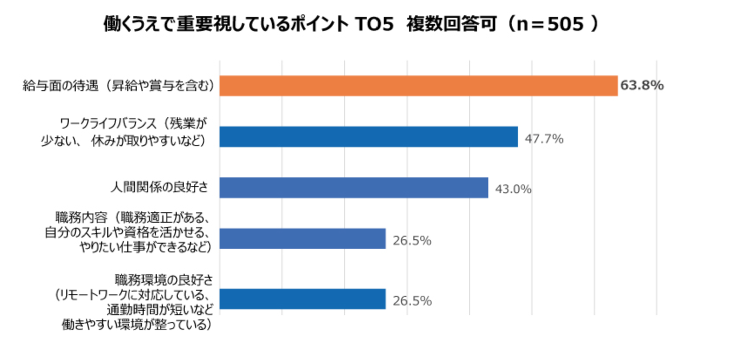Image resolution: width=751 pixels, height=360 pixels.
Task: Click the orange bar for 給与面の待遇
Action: click(418, 86)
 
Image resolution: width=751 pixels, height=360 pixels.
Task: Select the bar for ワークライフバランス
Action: click(369, 137)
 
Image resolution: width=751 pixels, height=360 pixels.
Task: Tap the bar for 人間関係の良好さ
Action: click(354, 188)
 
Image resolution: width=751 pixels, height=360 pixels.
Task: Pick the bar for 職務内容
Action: click(302, 239)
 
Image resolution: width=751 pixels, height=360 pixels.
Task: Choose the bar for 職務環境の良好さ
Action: click(302, 299)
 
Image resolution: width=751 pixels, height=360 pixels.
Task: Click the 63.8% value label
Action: click(642, 85)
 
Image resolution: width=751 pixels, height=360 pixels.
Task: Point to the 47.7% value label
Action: click(544, 139)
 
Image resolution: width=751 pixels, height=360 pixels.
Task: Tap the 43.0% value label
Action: click(513, 189)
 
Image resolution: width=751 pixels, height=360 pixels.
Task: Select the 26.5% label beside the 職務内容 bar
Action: click(412, 241)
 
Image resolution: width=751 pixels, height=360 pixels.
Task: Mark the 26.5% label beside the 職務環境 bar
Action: click(412, 301)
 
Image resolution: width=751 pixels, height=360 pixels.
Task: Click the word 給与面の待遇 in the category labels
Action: click(61, 86)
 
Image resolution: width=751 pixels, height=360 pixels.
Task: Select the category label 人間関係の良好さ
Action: click(159, 187)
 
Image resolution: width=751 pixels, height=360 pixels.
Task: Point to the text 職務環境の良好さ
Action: click(164, 279)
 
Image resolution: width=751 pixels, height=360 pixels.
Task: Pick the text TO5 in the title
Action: click(374, 24)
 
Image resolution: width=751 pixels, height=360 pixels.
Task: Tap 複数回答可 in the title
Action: click(452, 24)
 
